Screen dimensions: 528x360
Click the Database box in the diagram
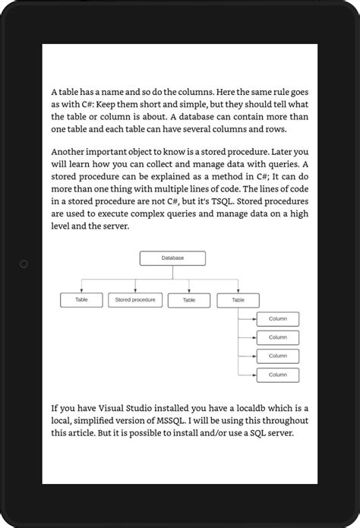point(173,258)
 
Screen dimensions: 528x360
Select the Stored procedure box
point(135,300)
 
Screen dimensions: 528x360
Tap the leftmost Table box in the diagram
point(81,300)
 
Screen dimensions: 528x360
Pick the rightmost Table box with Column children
point(238,300)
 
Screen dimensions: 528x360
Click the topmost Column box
point(277,319)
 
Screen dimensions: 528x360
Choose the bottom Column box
point(277,375)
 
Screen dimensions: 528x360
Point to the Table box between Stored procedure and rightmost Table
point(189,300)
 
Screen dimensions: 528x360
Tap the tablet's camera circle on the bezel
point(24,264)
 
